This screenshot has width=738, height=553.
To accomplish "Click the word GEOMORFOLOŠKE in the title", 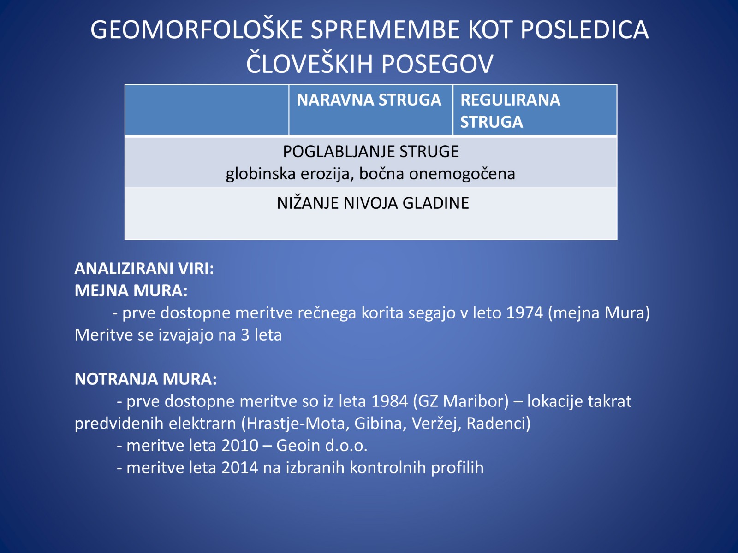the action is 196,29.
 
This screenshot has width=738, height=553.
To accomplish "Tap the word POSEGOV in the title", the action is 437,64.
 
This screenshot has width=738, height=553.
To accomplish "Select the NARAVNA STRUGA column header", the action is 369,100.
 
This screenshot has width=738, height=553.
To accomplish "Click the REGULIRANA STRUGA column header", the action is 511,111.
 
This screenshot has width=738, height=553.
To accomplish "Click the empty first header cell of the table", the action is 207,110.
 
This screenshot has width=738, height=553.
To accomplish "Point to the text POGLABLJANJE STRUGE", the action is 370,152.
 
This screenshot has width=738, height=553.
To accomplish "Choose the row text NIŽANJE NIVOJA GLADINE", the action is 373,203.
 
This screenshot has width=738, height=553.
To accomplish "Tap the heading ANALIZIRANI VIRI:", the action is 144,268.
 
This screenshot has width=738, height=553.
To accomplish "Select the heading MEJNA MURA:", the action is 131,290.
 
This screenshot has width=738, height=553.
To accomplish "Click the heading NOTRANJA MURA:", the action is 146,379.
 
